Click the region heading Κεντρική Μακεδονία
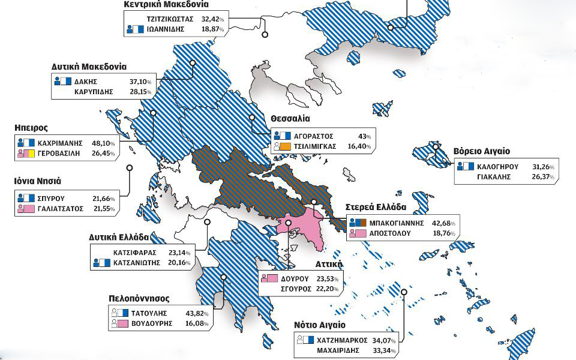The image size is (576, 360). [x=166, y=4]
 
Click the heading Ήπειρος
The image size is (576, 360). [x=30, y=128]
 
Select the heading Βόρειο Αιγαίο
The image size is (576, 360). [x=482, y=151]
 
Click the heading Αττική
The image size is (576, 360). [x=328, y=264]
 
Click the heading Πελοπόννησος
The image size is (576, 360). [x=139, y=298]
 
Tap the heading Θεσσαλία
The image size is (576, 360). [x=290, y=119]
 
